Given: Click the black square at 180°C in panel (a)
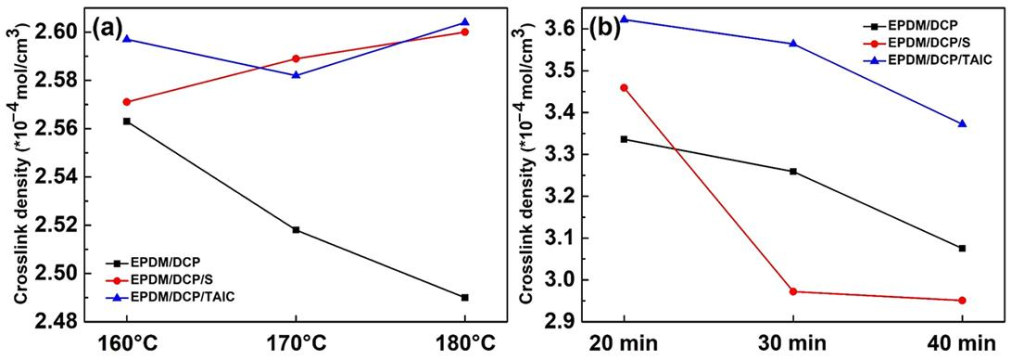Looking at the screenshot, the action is tap(464, 297).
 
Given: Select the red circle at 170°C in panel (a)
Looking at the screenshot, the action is tap(296, 59).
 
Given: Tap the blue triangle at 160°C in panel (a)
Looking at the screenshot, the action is tap(127, 39).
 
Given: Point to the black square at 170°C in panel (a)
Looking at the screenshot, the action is tap(296, 230).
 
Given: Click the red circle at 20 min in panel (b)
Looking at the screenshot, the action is tap(624, 88).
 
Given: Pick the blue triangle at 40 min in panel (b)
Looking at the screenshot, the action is tap(962, 123).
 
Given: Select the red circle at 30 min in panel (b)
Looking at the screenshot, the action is tap(793, 291).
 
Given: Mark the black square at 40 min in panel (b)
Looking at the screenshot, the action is tap(962, 248).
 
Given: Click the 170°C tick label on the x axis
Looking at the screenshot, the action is tap(296, 343).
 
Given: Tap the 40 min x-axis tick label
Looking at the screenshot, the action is tap(962, 343).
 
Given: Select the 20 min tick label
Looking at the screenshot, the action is tap(624, 343).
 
